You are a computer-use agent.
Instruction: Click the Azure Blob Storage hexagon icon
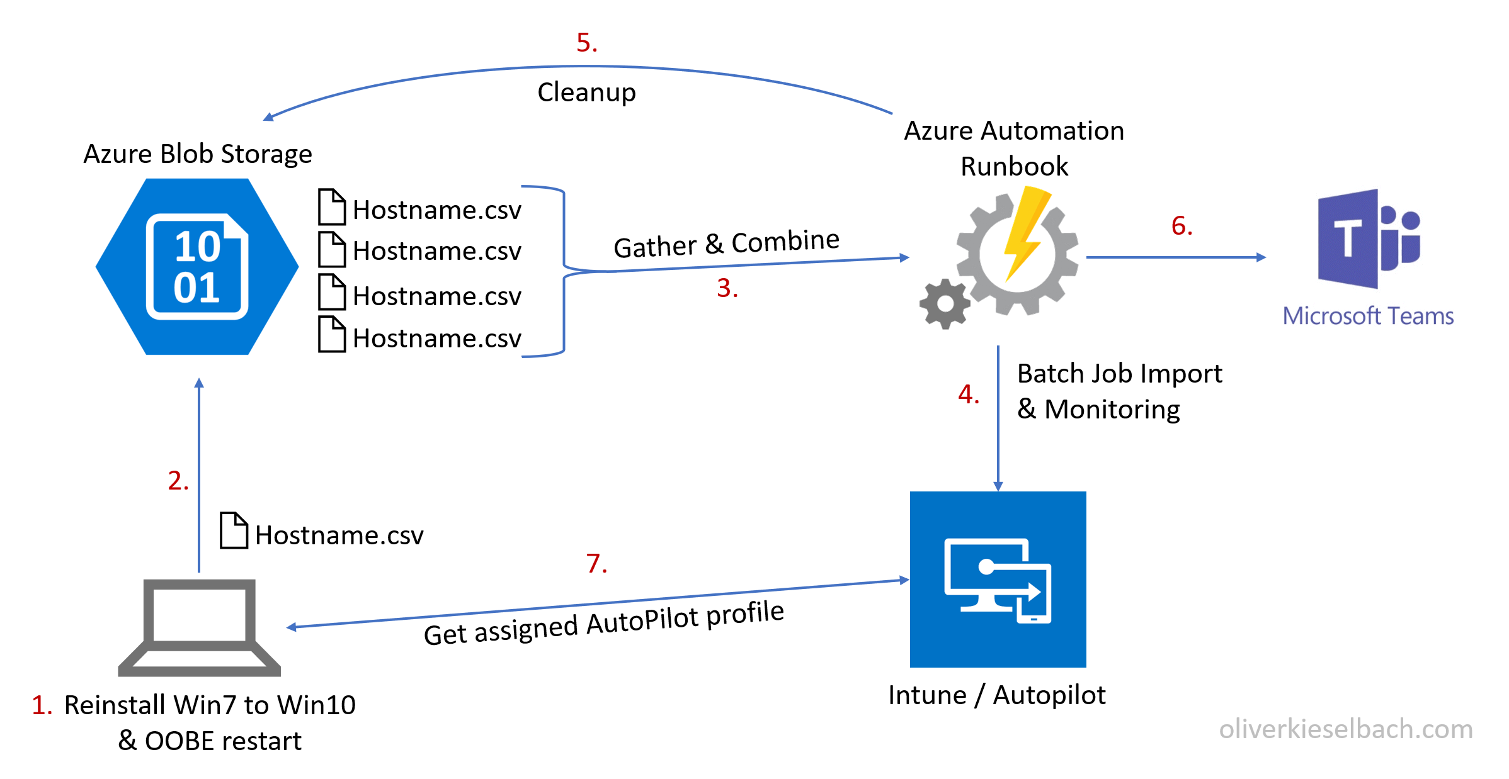[197, 267]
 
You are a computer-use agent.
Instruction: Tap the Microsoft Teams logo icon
[1368, 239]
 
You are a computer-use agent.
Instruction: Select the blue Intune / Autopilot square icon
[998, 579]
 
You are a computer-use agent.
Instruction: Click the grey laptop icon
[199, 627]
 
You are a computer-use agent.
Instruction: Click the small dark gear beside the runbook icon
[945, 304]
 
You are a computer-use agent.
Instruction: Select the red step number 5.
[586, 43]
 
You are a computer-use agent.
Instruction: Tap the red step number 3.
[727, 288]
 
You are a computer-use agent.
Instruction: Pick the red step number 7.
[596, 563]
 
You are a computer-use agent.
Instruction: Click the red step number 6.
[1182, 226]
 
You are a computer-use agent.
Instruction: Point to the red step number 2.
[178, 481]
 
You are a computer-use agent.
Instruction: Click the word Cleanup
[586, 92]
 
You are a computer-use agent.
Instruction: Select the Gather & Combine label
[726, 244]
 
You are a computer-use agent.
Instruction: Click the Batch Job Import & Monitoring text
[1119, 391]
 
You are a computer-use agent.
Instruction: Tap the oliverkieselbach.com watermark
[1345, 729]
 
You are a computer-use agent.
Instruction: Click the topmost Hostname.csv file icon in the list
[332, 207]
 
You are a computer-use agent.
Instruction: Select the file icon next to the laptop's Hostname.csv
[234, 530]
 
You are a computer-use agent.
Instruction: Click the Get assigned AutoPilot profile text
[603, 623]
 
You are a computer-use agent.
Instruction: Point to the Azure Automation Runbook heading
[1014, 149]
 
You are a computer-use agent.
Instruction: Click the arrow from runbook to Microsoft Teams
[1175, 257]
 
